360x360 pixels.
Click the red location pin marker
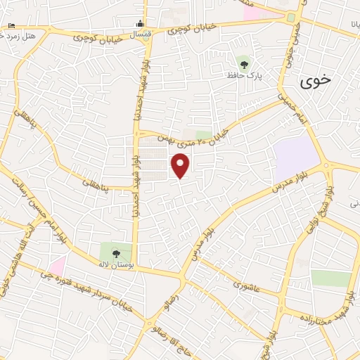point(181,166)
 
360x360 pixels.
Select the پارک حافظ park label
point(244,75)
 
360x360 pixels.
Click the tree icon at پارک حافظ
point(244,65)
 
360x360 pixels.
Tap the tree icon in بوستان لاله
point(116,253)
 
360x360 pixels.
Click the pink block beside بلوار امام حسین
point(57,266)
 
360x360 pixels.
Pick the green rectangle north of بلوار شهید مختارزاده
point(330,278)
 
